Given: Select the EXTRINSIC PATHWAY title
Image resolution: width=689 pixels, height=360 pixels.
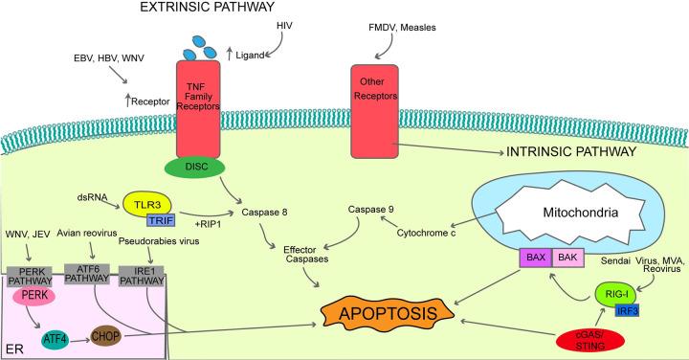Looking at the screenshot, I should pos(173,11).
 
